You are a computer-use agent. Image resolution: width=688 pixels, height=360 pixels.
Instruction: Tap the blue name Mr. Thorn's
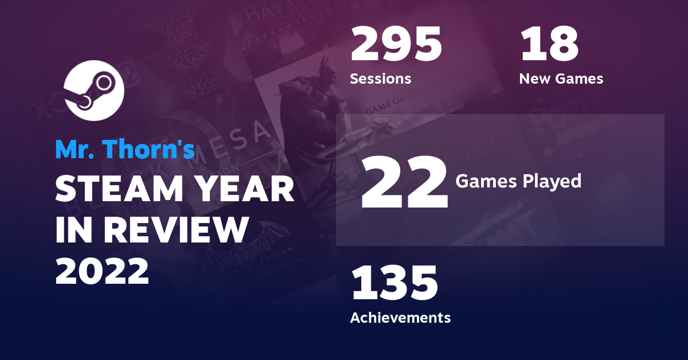point(125,149)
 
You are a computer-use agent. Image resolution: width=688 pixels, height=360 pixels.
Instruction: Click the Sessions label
point(381,79)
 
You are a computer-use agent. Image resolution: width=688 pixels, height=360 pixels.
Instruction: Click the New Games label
point(561,79)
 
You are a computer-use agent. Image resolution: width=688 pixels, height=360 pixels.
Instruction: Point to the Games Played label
point(518,181)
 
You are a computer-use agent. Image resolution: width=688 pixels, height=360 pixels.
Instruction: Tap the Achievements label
point(400,317)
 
